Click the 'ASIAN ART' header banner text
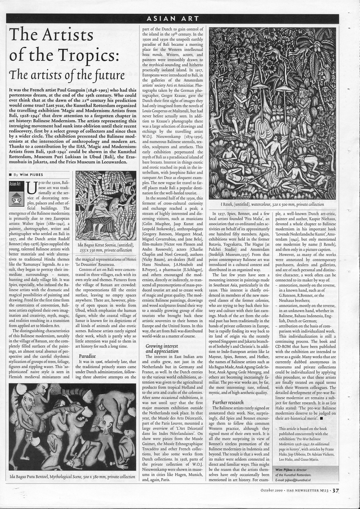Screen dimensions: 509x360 click(173, 19)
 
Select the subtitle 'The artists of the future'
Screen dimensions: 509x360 click(66, 75)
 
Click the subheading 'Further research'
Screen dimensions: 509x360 click(228, 402)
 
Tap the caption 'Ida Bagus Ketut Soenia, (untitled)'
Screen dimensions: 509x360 click(105, 245)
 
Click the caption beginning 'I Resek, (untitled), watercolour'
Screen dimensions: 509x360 click(272, 204)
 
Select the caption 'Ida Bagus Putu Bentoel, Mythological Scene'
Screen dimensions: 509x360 click(72, 476)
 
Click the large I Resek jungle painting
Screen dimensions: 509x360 click(272, 113)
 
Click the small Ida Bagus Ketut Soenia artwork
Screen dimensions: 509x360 click(105, 206)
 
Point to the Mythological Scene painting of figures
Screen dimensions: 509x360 click(72, 426)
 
